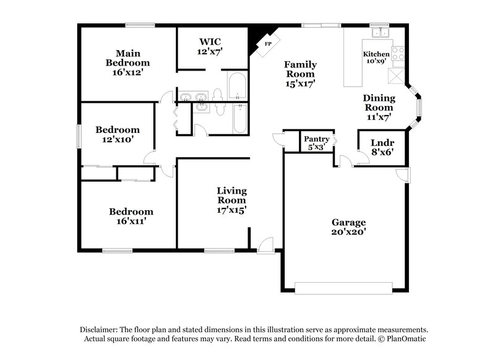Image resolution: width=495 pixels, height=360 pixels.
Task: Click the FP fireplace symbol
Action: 268,44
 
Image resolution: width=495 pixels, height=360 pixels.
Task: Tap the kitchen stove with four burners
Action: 398,54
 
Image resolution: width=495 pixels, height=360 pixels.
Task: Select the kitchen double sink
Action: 380,32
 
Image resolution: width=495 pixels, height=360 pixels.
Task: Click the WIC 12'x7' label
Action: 210,46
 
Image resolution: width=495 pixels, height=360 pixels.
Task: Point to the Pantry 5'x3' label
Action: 316,143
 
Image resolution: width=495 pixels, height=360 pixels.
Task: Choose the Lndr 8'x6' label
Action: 382,147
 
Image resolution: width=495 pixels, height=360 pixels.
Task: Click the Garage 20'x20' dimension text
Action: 348,232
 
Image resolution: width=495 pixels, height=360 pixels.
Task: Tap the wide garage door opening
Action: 343,288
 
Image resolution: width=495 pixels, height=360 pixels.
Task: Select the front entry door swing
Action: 265,246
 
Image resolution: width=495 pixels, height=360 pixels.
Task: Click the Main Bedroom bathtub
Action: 237,86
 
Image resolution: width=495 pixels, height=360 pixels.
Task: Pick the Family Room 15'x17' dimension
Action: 300,84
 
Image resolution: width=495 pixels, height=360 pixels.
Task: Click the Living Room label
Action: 231,195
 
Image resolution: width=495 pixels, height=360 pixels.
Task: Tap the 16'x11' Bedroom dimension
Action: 131,221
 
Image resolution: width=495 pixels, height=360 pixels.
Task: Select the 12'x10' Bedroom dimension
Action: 117,139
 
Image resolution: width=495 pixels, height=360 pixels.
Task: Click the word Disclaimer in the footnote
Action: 98,330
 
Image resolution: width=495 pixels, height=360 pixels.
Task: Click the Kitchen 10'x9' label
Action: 376,58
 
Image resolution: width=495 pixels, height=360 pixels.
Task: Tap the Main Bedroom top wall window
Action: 140,25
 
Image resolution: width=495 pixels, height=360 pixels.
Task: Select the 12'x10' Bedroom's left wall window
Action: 79,136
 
